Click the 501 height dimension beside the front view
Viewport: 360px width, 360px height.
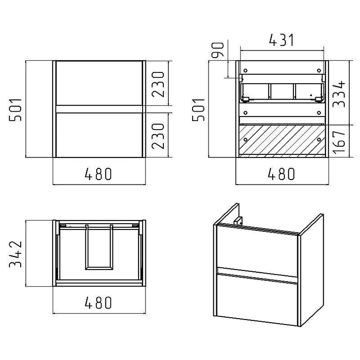point(15,110)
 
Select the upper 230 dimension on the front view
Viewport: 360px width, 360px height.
point(158,84)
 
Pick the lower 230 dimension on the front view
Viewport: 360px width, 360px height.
point(158,136)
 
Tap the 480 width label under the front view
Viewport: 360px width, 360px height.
point(99,174)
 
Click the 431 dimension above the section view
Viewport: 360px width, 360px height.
point(281,40)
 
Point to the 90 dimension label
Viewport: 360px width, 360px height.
point(217,50)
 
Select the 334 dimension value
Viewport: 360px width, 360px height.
point(339,94)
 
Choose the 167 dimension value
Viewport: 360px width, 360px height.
point(339,142)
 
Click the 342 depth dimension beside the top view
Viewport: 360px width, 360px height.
point(15,254)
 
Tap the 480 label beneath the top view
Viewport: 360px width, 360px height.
point(99,302)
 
